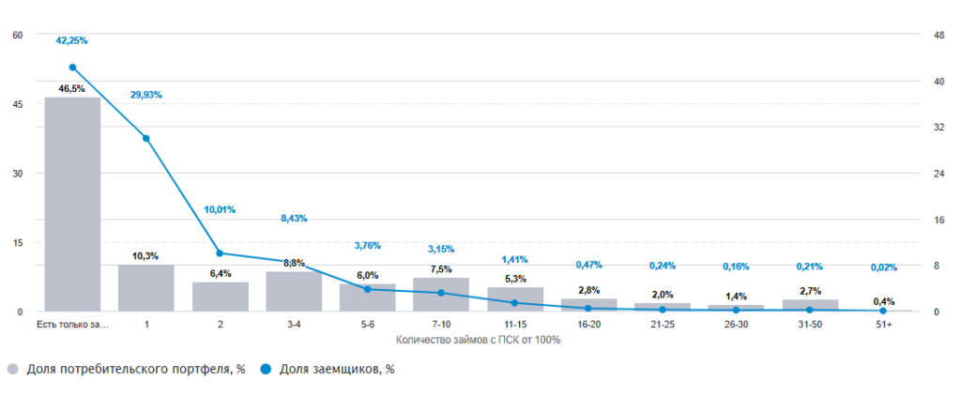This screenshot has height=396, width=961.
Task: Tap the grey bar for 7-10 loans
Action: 441,294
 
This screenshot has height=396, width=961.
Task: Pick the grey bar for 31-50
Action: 810,305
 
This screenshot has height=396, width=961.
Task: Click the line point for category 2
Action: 220,253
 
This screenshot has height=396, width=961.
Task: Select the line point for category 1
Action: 146,139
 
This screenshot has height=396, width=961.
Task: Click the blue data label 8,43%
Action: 294,219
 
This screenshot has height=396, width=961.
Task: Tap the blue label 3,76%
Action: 367,246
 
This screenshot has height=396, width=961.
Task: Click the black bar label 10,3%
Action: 146,256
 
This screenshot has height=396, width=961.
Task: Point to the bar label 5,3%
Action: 515,279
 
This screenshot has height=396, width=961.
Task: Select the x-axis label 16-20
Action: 588,325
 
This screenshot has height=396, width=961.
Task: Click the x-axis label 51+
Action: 883,325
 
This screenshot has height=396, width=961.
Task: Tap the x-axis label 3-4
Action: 294,325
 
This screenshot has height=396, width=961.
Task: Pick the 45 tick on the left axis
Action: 18,104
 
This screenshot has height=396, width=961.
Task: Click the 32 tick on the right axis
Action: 937,128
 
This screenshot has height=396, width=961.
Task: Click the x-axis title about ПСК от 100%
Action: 479,339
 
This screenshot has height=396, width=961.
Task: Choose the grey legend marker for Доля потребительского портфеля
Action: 12,370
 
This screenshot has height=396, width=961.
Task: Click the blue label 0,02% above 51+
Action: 883,267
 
